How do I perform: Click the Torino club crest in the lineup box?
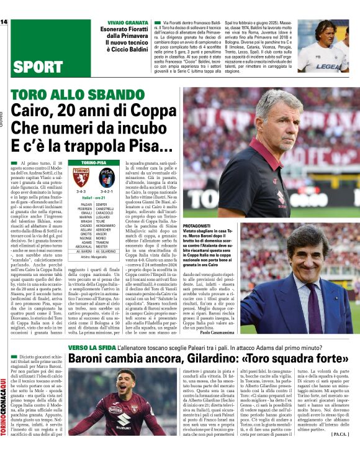click(x=81, y=176)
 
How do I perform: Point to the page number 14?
click(x=4, y=22)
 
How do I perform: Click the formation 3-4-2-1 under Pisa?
click(x=107, y=192)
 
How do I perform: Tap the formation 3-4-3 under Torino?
click(x=81, y=192)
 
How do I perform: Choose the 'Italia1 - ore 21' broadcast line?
click(x=94, y=198)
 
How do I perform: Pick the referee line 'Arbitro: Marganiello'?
click(x=93, y=255)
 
